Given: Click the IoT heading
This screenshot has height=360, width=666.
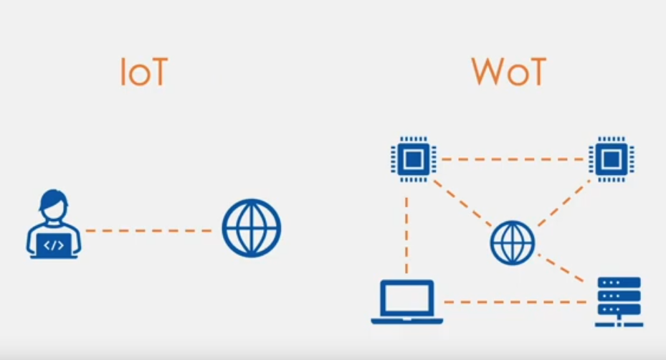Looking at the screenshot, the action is coord(144,72).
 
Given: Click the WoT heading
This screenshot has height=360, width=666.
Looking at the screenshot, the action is coord(508,72).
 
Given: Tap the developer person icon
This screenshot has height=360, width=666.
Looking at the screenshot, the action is coord(54,224).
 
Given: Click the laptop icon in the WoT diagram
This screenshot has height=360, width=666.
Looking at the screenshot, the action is coord(407,302).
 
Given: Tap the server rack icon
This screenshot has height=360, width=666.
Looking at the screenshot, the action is coord(619,302).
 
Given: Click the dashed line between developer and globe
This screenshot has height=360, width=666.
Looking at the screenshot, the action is coord(148,231).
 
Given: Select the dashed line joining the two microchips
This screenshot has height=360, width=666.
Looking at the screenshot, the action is coord(513,159).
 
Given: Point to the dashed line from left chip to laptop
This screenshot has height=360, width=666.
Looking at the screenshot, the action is coord(407,235).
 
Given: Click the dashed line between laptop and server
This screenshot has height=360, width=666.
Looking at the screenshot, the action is coord(515,302).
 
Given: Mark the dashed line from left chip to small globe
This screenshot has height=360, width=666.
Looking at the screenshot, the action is coord(462,204).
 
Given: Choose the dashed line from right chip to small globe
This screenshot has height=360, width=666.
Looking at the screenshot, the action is coord(563,203).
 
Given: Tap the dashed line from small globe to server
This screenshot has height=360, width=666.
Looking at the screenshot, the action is coord(561,267).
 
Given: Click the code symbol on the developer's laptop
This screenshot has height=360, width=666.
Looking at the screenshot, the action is coord(54,245).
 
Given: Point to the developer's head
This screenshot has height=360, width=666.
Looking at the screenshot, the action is coord(54,204).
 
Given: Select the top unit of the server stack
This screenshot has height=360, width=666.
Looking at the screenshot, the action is coord(619,283).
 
